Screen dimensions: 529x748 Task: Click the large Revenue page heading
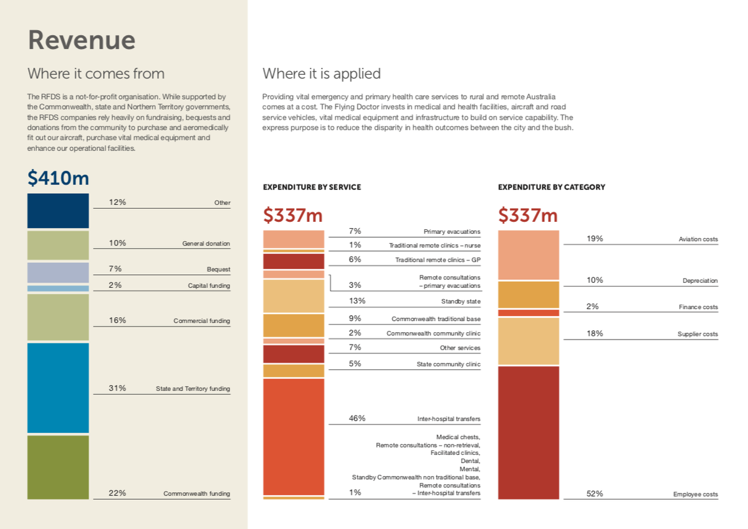pos(82,41)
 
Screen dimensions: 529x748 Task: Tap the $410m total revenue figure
pos(58,178)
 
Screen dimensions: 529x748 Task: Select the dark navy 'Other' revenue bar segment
pos(58,211)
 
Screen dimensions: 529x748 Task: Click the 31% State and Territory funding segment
pos(58,388)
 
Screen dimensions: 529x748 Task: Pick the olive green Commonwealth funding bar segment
pos(58,467)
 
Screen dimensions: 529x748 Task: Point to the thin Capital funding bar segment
pos(58,288)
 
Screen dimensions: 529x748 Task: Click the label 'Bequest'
pos(218,270)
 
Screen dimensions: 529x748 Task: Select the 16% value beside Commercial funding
pos(117,320)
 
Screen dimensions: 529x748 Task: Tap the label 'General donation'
pos(206,244)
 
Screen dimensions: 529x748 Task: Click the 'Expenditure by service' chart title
pos(312,187)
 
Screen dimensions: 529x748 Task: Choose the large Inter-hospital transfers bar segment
pos(294,436)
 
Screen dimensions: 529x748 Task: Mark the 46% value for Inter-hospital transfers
pos(357,419)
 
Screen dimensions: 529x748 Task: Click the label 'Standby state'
pos(461,302)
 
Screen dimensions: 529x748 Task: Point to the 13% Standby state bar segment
pos(294,296)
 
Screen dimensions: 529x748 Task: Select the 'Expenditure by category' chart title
pos(551,187)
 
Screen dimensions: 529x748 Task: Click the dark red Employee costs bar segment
pos(529,432)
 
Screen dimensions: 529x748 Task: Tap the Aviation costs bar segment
pos(529,255)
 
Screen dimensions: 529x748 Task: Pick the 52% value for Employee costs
pos(595,493)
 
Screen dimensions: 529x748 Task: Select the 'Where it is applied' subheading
pos(321,74)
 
